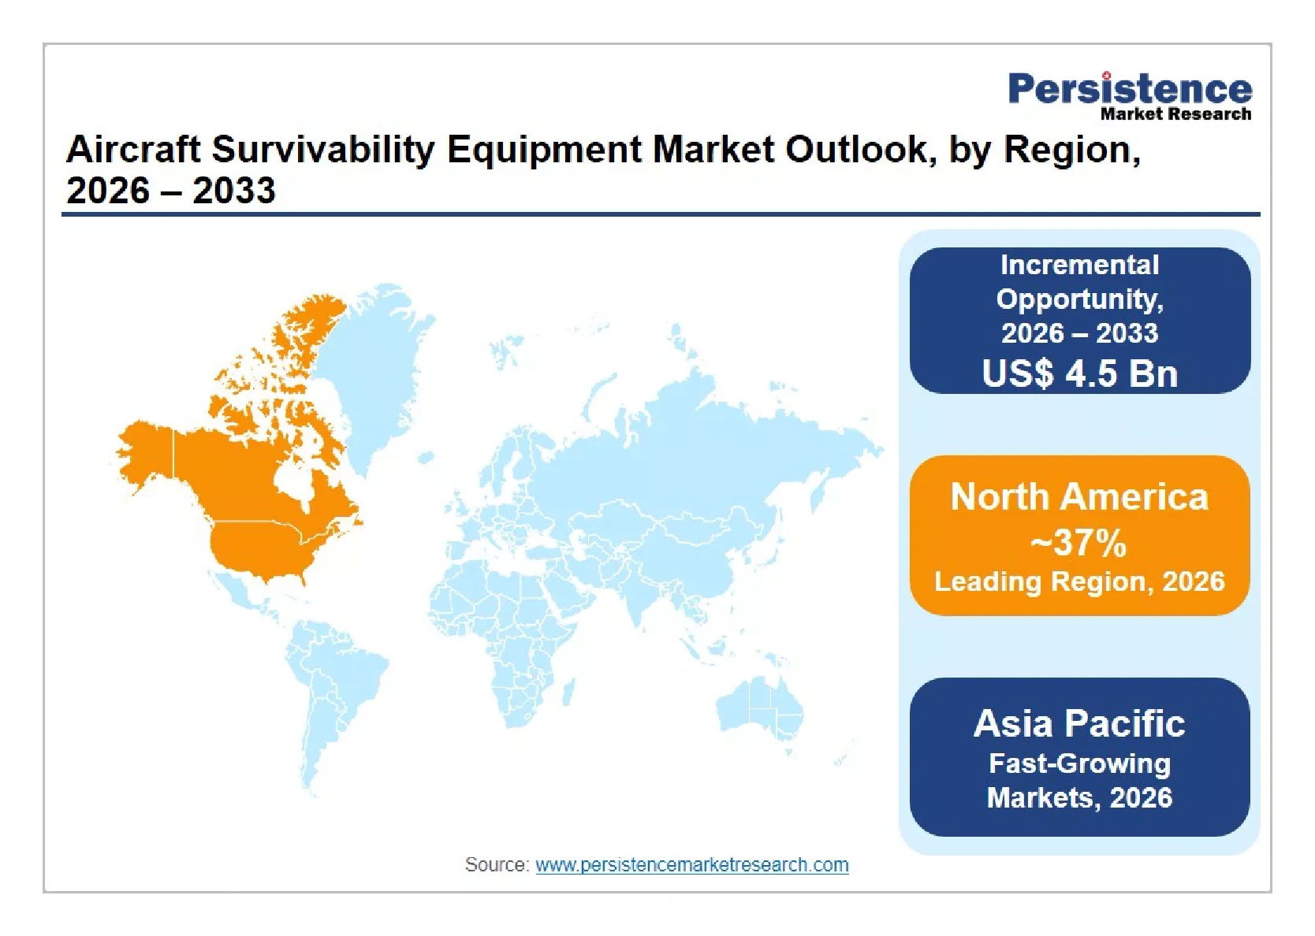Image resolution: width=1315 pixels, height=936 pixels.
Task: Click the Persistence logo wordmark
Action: click(x=1130, y=88)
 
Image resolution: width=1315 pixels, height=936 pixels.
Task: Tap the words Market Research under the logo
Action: click(x=1175, y=113)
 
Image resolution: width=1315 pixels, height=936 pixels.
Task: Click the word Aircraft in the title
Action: click(x=133, y=150)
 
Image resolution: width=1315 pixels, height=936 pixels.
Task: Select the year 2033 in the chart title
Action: click(x=233, y=191)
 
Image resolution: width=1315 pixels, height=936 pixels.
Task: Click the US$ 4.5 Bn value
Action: click(x=1079, y=373)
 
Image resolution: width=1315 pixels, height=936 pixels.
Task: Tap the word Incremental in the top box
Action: click(x=1079, y=265)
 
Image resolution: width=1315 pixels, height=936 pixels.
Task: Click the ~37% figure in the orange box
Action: click(x=1078, y=542)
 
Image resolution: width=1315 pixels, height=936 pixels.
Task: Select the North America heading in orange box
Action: click(x=1079, y=497)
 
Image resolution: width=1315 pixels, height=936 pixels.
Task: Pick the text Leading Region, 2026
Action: click(x=1079, y=581)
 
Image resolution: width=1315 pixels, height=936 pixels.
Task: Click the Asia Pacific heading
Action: click(x=1079, y=723)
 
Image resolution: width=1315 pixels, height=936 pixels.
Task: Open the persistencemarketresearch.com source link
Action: click(x=691, y=865)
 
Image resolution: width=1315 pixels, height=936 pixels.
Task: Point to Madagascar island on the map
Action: click(x=568, y=691)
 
